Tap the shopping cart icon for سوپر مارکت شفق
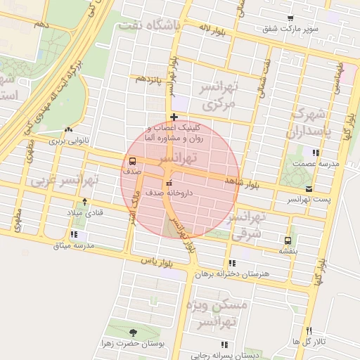coord(290,18)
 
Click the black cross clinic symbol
coord(174,116)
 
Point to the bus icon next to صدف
coord(133,161)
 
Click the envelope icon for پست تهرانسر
coord(309,188)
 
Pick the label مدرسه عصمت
coord(320,163)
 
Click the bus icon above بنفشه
coord(287,240)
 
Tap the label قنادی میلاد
coord(85,212)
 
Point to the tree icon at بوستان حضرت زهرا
coord(134,333)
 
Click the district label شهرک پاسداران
coord(308,124)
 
